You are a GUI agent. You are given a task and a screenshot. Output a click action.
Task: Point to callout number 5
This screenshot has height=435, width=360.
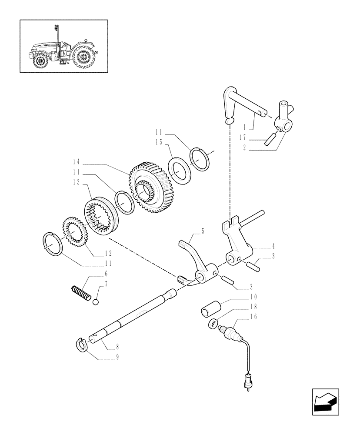point(203,232)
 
